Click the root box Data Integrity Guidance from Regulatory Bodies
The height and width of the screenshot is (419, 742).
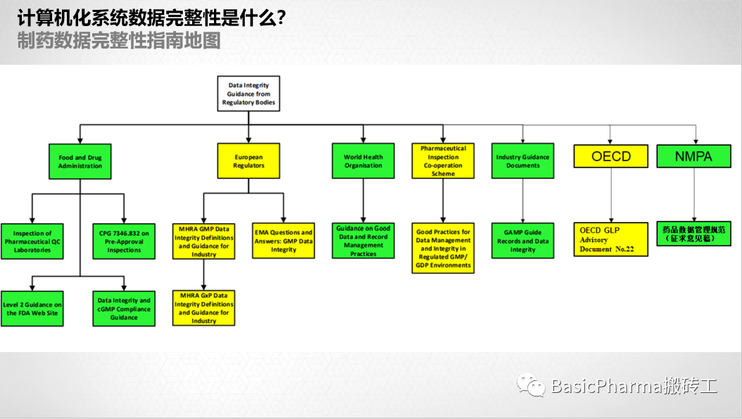pyautogui.click(x=249, y=94)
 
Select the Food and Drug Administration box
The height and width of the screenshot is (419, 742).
pyautogui.click(x=80, y=161)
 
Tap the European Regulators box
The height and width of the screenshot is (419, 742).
pyautogui.click(x=249, y=161)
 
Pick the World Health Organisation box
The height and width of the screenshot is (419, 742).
pyautogui.click(x=363, y=161)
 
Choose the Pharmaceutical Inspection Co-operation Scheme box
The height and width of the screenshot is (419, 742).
pyautogui.click(x=444, y=161)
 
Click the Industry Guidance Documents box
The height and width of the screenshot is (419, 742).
pyautogui.click(x=522, y=161)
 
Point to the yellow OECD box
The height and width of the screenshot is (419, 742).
pyautogui.click(x=610, y=156)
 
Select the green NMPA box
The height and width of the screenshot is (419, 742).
pyautogui.click(x=693, y=156)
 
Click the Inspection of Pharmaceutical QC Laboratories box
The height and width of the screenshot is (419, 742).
pyautogui.click(x=32, y=241)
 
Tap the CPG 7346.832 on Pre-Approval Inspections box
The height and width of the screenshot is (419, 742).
pyautogui.click(x=124, y=241)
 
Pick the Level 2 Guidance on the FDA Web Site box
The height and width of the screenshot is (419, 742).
pyautogui.click(x=32, y=308)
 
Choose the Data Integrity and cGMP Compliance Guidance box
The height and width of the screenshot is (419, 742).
pyautogui.click(x=124, y=308)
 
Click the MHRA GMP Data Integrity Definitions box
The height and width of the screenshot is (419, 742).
pyautogui.click(x=203, y=241)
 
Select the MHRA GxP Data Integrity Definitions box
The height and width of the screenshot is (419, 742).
pyautogui.click(x=203, y=308)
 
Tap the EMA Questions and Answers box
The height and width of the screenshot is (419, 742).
pyautogui.click(x=284, y=241)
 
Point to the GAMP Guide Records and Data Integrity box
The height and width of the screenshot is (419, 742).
pyautogui.click(x=522, y=241)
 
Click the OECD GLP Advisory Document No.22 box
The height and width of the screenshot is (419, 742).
pyautogui.click(x=610, y=239)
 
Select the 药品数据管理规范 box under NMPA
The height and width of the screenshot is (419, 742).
pyautogui.click(x=693, y=234)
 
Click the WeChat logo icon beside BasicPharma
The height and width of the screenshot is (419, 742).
pyautogui.click(x=532, y=385)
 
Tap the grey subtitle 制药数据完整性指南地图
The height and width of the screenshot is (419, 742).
pyautogui.click(x=119, y=41)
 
